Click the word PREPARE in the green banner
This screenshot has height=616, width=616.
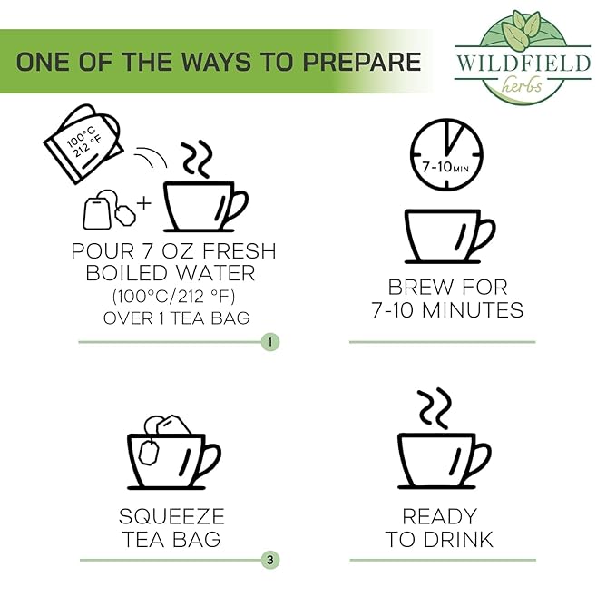361,62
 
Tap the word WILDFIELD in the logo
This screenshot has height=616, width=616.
523,64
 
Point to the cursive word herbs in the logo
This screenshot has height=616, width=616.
523,85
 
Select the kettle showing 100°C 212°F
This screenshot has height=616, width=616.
83,143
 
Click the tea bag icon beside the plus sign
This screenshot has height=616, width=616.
109,210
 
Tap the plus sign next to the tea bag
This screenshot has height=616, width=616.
143,203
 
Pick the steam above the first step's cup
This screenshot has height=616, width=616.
197,158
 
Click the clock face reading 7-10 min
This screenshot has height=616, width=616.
446,155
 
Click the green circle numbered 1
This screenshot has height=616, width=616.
269,342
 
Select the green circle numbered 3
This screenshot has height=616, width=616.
269,560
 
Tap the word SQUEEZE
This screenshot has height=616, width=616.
171,516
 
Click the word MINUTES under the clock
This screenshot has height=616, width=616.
473,310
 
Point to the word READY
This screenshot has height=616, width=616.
440,516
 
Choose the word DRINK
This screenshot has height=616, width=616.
458,540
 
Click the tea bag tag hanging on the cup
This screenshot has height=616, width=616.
150,453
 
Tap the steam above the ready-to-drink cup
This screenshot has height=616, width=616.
435,408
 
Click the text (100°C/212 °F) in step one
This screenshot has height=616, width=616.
173,297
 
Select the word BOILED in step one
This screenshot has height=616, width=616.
127,273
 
